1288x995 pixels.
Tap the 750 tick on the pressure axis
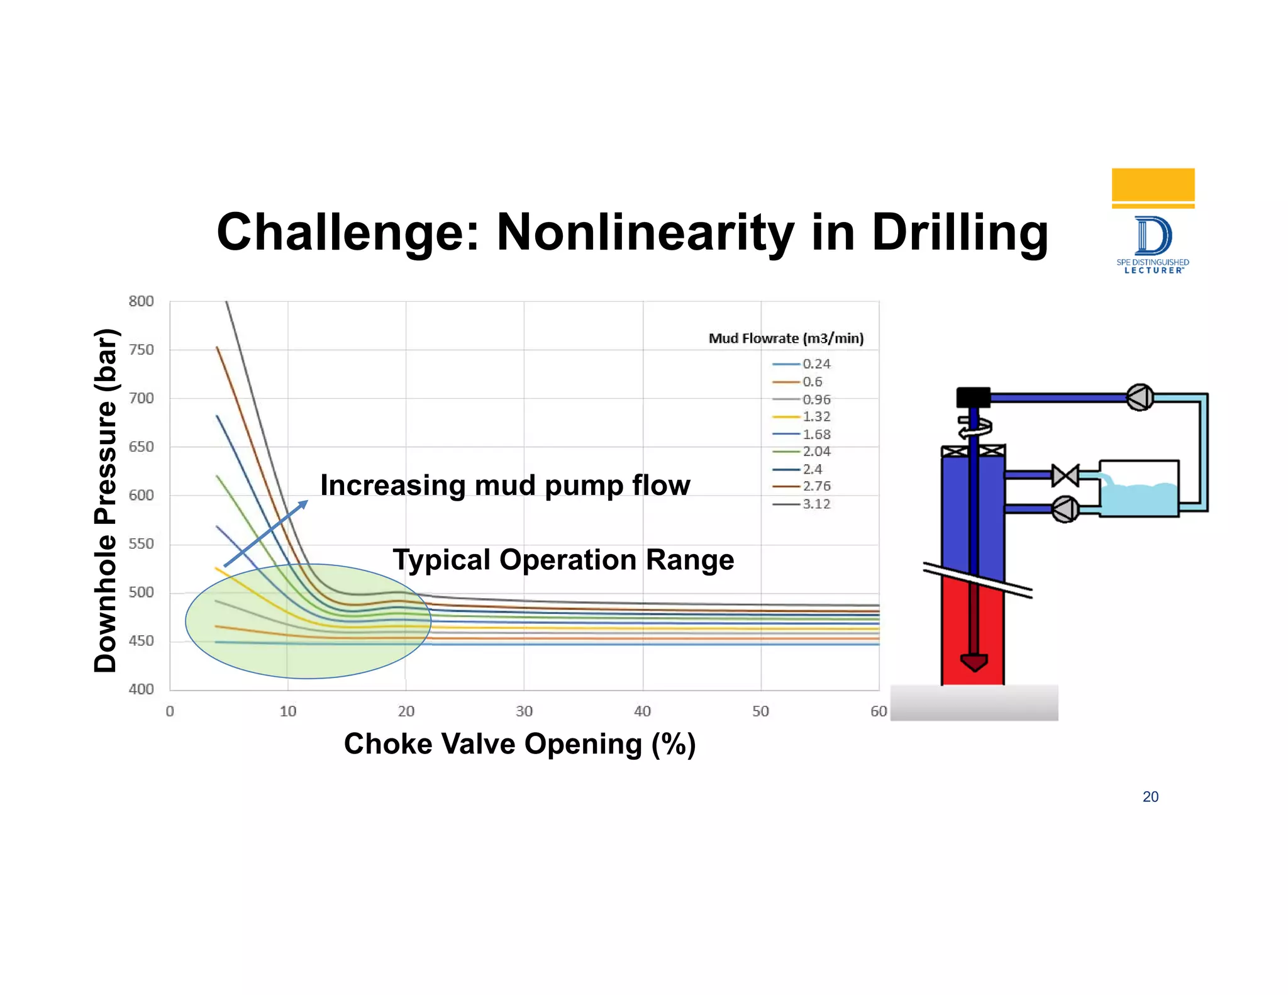pos(141,350)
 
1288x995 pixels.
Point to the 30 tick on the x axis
pos(524,711)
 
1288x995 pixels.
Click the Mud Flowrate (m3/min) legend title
pos(786,338)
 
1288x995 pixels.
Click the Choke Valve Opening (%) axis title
pos(519,744)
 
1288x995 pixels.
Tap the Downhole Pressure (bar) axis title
pos(105,501)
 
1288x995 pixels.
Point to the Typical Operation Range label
pos(563,560)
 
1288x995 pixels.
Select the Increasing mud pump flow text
pos(505,486)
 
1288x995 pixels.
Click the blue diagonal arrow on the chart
pos(266,533)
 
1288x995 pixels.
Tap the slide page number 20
pos(1150,797)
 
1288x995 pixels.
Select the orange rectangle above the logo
pos(1153,185)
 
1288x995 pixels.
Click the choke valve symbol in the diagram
pos(1065,475)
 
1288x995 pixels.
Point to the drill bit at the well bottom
pos(974,662)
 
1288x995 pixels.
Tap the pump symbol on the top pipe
pos(1140,397)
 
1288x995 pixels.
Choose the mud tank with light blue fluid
pos(1139,489)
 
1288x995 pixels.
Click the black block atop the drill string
pos(973,397)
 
